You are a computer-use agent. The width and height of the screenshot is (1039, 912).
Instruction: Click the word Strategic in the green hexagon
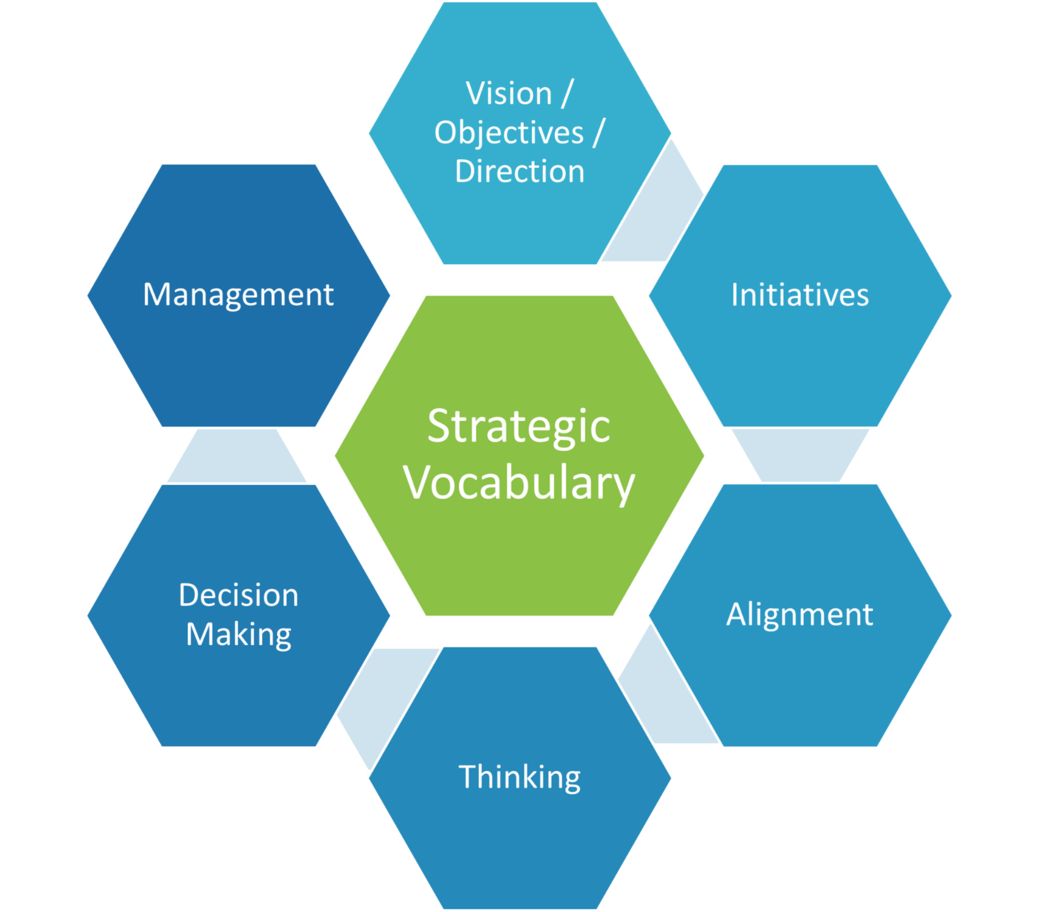coord(519,427)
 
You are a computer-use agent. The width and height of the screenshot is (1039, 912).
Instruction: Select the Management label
coord(238,295)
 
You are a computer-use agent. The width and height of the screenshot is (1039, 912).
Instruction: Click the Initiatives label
coord(800,295)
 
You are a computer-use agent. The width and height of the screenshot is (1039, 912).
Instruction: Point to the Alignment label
coord(800,614)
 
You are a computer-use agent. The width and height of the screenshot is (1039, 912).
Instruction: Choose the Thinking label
coord(519,777)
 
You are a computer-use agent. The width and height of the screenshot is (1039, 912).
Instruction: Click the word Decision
coord(238,595)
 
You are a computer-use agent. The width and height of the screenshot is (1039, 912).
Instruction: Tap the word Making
coord(238,635)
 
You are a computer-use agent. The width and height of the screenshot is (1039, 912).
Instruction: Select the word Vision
coord(509,94)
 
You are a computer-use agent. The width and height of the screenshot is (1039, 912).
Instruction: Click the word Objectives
coord(509,133)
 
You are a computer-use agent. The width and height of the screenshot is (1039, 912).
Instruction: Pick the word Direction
coord(519,172)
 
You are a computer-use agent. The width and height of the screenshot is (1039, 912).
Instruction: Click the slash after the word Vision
coord(566,94)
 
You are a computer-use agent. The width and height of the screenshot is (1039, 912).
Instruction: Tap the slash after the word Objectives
coord(599,133)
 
